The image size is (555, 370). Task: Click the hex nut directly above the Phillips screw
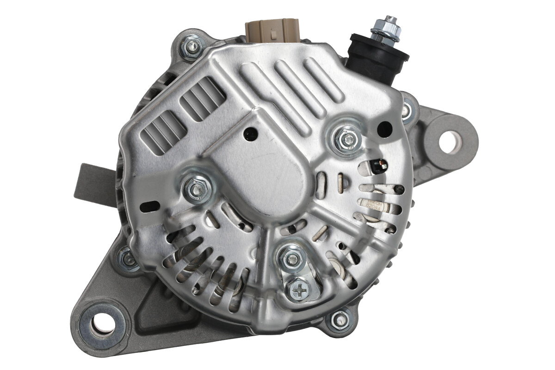(x=291, y=258)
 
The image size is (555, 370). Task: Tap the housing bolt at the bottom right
(x=339, y=319)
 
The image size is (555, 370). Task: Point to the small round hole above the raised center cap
(x=250, y=134)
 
